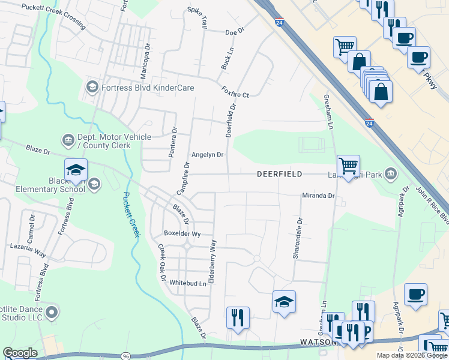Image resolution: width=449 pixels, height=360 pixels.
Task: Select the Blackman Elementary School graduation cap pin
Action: pyautogui.click(x=76, y=171)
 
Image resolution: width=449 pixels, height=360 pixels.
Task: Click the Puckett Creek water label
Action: pyautogui.click(x=131, y=214)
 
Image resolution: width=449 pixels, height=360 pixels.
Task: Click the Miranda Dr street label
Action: pyautogui.click(x=318, y=196)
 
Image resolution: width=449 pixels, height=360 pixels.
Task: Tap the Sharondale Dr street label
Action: pyautogui.click(x=297, y=238)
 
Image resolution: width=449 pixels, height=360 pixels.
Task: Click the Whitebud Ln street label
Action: pyautogui.click(x=187, y=283)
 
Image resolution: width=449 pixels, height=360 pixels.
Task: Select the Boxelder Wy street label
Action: pyautogui.click(x=182, y=234)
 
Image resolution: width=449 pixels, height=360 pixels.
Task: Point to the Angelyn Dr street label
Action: pyautogui.click(x=207, y=155)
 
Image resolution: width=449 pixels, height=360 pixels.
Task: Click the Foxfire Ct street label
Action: pyautogui.click(x=235, y=94)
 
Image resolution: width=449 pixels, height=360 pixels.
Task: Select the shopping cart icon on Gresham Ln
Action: pyautogui.click(x=348, y=166)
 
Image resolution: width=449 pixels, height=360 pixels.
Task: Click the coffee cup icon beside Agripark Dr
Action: pyautogui.click(x=415, y=295)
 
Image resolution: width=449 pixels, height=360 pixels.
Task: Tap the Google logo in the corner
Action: pyautogui.click(x=20, y=353)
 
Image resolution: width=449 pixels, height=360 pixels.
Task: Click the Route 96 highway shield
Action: pyautogui.click(x=126, y=356)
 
